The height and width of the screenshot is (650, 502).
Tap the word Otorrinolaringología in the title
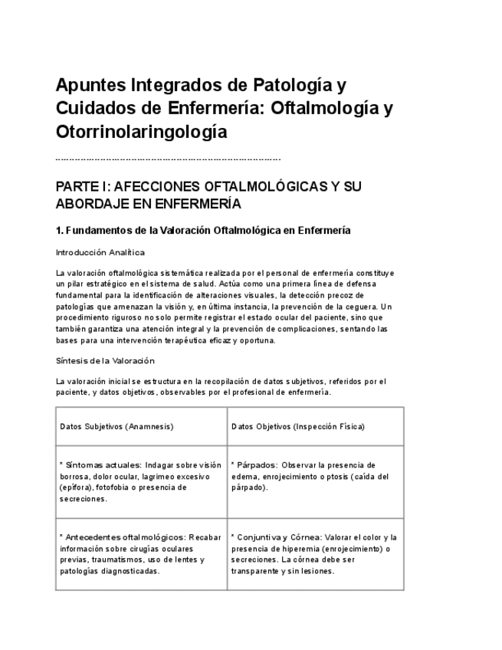pyautogui.click(x=142, y=131)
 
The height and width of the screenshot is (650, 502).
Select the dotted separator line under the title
pyautogui.click(x=169, y=159)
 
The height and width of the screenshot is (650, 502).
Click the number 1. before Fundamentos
pyautogui.click(x=60, y=230)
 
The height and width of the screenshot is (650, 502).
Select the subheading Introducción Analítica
pyautogui.click(x=100, y=252)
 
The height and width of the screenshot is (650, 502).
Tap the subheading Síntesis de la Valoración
pyautogui.click(x=105, y=361)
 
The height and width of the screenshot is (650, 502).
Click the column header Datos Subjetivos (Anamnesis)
pyautogui.click(x=116, y=426)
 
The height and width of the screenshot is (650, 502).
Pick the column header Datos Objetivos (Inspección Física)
pyautogui.click(x=297, y=426)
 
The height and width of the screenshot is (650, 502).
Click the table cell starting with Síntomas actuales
pyautogui.click(x=141, y=481)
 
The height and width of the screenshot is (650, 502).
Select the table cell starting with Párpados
pyautogui.click(x=315, y=476)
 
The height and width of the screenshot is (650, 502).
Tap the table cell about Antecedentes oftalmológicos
pyautogui.click(x=141, y=553)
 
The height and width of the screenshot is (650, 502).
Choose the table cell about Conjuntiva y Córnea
pyautogui.click(x=315, y=553)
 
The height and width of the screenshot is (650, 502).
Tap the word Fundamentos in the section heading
pyautogui.click(x=94, y=230)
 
